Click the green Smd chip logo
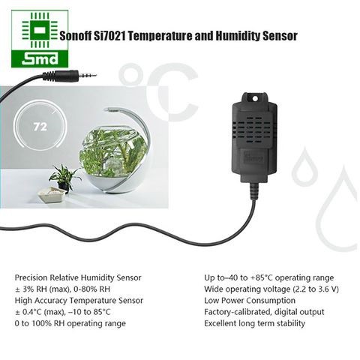pyautogui.click(x=40, y=39)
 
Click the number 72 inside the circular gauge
pyautogui.click(x=40, y=127)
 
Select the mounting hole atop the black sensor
pyautogui.click(x=255, y=99)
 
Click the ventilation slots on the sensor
pyautogui.click(x=254, y=130)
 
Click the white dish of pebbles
pyautogui.click(x=52, y=194)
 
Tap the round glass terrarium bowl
pyautogui.click(x=113, y=160)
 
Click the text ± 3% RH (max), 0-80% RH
pyautogui.click(x=62, y=289)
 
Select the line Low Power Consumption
pyautogui.click(x=250, y=300)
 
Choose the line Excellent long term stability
pyautogui.click(x=254, y=323)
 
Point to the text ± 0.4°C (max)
pyautogui.click(x=40, y=312)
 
